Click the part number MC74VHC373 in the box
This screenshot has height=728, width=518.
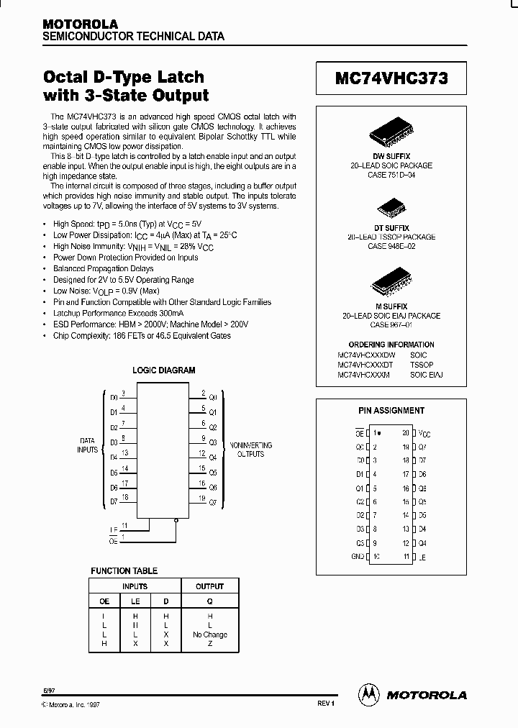391,78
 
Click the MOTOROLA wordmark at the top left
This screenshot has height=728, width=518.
80,24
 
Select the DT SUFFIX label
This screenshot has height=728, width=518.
391,227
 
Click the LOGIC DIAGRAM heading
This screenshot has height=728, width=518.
164,370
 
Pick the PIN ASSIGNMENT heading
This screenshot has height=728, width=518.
391,411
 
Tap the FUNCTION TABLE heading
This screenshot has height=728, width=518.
124,570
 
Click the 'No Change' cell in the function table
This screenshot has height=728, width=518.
209,634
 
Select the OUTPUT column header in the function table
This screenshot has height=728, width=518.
209,586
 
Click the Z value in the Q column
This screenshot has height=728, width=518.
209,644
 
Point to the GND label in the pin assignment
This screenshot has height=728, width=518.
358,556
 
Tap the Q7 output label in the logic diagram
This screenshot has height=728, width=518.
212,502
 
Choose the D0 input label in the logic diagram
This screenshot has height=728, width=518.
114,397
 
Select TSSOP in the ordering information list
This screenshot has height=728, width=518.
421,365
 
